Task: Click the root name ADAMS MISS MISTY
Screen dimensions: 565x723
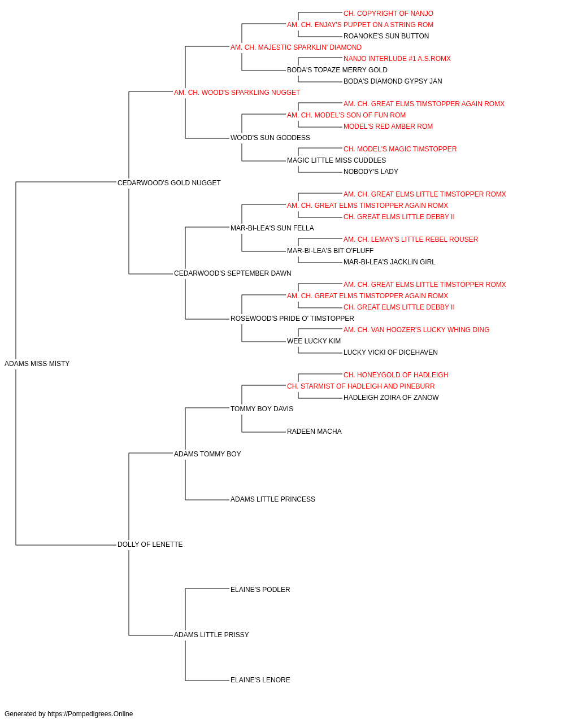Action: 37,364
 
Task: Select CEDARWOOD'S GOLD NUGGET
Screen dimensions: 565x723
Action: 169,183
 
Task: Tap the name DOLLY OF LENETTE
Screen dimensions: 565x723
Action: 150,545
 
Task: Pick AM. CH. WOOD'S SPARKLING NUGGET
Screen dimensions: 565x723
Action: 237,93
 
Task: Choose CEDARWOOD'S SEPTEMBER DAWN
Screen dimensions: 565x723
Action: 233,273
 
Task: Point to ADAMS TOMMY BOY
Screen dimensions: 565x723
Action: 207,454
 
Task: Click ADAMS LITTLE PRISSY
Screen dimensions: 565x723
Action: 211,634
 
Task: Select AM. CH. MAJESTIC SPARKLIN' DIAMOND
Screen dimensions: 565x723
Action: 296,47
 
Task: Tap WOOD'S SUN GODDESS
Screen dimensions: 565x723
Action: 270,138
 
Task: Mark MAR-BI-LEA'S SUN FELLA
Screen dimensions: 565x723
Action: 272,228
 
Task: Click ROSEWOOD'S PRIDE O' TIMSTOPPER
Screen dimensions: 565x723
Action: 292,319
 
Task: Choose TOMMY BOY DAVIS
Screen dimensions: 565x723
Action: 262,408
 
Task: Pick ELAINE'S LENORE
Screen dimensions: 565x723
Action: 260,680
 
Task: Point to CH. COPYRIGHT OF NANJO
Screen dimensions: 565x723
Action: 388,14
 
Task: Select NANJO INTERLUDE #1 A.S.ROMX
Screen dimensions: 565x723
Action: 397,59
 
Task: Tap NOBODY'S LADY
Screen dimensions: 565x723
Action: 371,172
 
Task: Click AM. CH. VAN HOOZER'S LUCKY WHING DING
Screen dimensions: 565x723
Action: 416,330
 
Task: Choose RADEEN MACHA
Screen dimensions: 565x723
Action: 314,431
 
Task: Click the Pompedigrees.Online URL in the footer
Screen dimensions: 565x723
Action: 90,714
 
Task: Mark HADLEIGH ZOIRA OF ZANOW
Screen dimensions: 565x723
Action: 391,397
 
